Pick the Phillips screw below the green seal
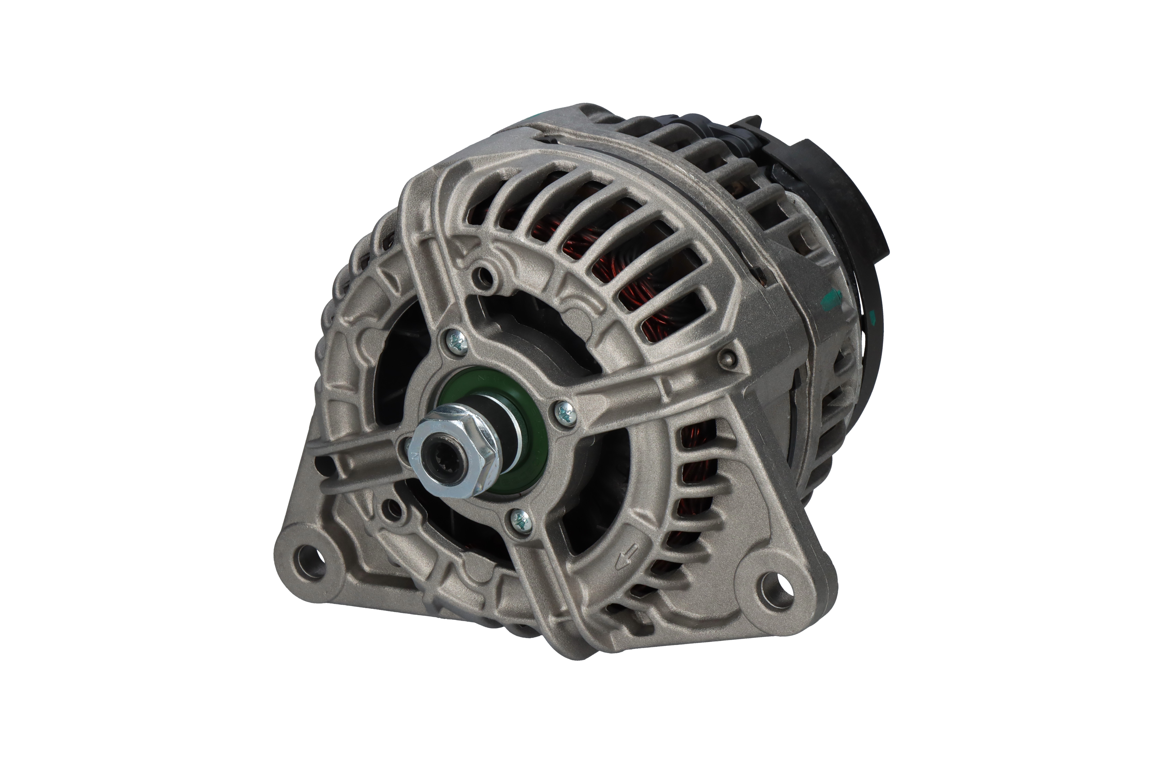[x=520, y=519]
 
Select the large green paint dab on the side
[x=834, y=297]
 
